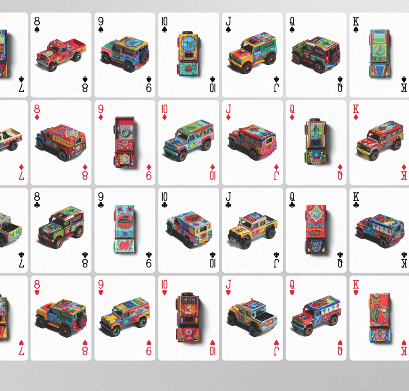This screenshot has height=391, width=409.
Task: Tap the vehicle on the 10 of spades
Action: tap(189, 54)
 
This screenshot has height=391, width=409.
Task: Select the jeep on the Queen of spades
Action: tap(316, 54)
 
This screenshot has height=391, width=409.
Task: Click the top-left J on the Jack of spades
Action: tap(228, 21)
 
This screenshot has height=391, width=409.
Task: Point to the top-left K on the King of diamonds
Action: tap(356, 109)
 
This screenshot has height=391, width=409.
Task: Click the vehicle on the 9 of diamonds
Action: tap(125, 142)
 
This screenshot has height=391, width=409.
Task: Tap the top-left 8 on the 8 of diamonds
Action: tap(37, 109)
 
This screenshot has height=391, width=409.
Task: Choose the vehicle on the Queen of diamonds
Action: tap(316, 141)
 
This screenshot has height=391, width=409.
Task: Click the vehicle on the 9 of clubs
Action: tap(125, 229)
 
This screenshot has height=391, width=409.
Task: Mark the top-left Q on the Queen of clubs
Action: tap(292, 197)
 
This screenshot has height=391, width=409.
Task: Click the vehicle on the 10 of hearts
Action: tap(188, 317)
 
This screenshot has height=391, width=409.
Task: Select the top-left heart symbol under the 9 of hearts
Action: tap(101, 293)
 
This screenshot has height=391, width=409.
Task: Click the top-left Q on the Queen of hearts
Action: tap(292, 285)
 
